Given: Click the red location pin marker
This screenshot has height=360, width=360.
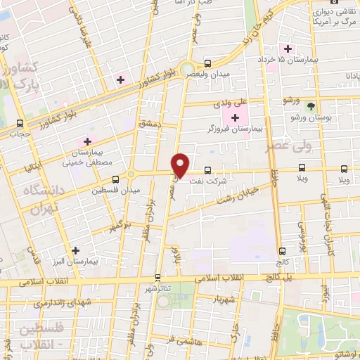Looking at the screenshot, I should click(181, 165).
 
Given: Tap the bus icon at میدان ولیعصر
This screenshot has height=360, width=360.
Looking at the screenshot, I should click(207, 62).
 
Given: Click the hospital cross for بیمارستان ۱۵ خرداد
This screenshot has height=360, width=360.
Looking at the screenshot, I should click(286, 49).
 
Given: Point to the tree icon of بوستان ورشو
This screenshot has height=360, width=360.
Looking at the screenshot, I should click(311, 105).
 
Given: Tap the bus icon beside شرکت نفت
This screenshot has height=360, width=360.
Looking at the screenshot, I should click(207, 169).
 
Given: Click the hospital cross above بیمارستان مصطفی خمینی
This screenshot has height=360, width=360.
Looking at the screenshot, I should click(88, 141).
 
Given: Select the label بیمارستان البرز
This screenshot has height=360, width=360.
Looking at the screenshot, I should click(76, 261).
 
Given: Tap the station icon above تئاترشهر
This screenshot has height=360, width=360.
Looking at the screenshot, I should click(157, 277).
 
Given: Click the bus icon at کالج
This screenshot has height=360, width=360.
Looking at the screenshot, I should click(281, 251).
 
